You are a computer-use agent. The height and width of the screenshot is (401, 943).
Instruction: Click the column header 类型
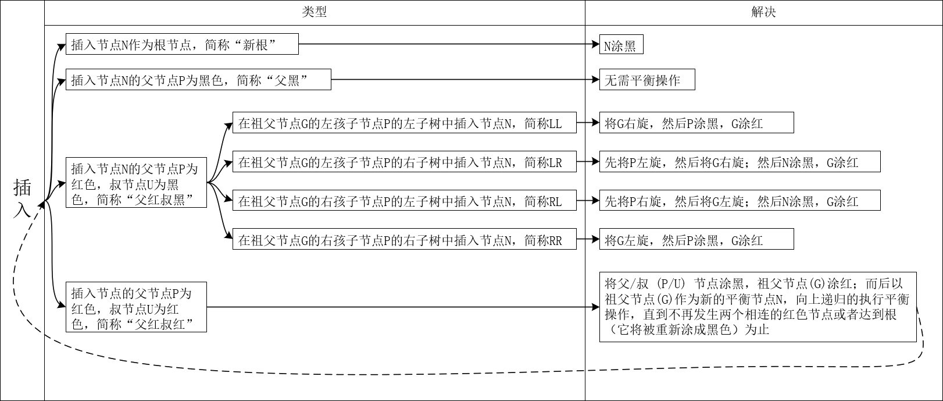click(315, 12)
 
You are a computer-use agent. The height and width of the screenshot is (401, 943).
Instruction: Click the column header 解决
click(763, 12)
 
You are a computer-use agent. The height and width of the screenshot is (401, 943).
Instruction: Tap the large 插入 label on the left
click(23, 200)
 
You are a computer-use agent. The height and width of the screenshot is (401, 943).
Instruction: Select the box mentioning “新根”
click(182, 44)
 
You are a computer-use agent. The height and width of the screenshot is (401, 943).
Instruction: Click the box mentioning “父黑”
click(198, 80)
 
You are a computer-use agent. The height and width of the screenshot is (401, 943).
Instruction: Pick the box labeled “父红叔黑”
click(136, 184)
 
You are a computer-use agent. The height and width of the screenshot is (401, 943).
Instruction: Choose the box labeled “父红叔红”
click(136, 309)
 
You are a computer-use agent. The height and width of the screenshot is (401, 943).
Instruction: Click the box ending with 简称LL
click(404, 123)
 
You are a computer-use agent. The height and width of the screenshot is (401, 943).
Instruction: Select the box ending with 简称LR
click(404, 162)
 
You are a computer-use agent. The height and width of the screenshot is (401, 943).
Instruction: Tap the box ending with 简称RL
click(404, 201)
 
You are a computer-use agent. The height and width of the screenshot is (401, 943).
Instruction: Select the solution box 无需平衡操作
click(647, 80)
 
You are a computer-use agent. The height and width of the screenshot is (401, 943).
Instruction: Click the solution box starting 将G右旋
click(696, 123)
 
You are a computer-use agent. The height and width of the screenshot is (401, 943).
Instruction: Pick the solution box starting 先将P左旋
click(740, 162)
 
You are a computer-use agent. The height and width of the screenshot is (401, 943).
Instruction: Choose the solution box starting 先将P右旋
click(740, 201)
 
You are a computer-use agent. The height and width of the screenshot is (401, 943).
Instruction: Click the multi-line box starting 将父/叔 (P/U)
click(758, 307)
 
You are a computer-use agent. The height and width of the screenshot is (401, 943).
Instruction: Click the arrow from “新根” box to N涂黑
click(448, 44)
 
